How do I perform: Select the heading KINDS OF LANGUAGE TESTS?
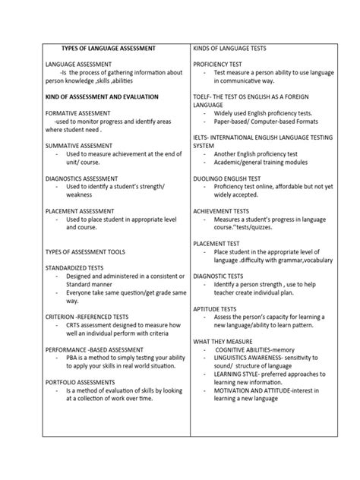click(235, 47)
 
